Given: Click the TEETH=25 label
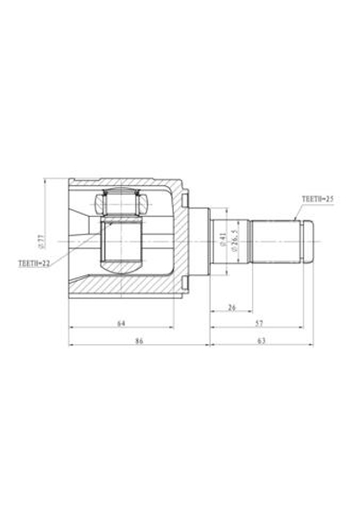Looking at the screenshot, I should point(318,198).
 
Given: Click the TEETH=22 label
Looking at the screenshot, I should point(34,263).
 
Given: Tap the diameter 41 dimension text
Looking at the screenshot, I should point(222,240).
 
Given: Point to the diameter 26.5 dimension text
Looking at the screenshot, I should point(234,240).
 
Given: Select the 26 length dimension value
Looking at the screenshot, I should point(231,308).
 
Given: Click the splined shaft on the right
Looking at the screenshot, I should point(274,240).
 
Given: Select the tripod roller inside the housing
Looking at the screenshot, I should point(121,203).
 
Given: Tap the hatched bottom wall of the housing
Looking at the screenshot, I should point(126,287).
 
